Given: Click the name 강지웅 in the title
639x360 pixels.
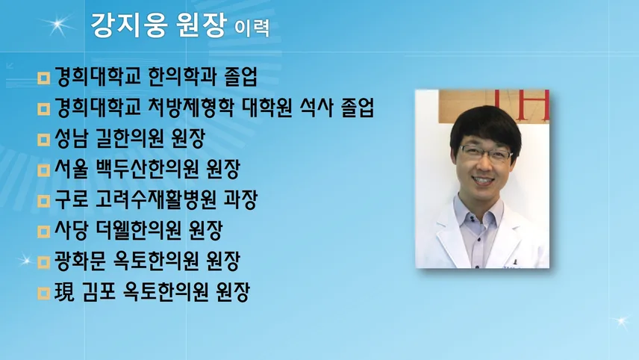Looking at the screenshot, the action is click(x=129, y=25).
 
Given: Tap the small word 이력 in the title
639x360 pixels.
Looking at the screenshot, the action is click(x=252, y=28).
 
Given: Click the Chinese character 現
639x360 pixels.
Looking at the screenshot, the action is click(x=64, y=292).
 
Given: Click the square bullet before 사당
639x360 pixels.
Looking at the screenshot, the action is click(x=43, y=232).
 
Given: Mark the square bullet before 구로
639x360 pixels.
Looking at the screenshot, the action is click(x=43, y=201).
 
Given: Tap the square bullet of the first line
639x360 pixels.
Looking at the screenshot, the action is click(x=43, y=78).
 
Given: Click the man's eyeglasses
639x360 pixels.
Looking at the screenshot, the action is click(x=486, y=154).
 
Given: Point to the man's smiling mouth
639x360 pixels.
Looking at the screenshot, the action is click(x=483, y=180).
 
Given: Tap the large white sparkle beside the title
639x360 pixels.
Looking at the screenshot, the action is click(x=57, y=25).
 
